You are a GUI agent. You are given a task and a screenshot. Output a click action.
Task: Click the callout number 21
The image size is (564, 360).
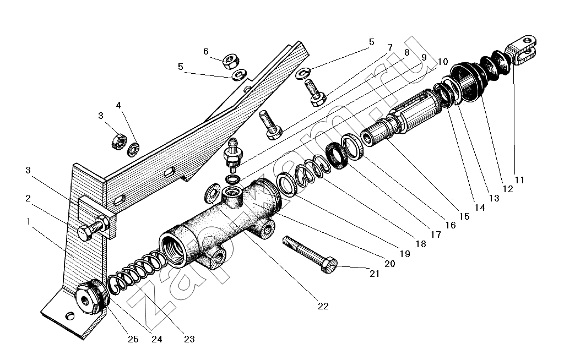[375, 274]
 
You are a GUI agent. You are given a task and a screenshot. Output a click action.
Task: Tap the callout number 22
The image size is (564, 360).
[323, 307]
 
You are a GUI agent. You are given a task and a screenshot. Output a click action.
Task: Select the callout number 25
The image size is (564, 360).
[133, 339]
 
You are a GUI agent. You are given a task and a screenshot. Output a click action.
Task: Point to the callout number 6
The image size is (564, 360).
[206, 51]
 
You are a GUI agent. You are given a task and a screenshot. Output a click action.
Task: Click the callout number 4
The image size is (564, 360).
[118, 105]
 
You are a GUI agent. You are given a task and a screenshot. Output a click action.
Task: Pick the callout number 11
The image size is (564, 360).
[519, 179]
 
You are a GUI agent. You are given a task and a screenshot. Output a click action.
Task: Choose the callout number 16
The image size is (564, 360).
[451, 225]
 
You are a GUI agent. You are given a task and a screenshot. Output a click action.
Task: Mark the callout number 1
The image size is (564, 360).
[29, 221]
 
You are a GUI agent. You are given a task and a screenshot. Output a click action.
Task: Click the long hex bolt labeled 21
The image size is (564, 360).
[310, 254]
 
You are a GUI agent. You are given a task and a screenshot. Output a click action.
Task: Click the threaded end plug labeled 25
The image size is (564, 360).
[92, 296]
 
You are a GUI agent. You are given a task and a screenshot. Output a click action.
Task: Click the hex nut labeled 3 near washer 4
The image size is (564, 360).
[119, 141]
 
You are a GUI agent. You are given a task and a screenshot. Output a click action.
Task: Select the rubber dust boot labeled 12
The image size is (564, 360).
[480, 78]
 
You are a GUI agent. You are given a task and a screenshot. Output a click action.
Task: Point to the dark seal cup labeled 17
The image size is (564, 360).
[337, 155]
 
